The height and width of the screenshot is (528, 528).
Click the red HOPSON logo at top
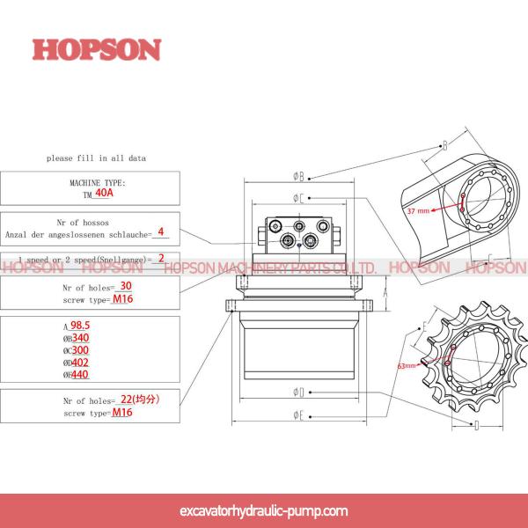point(97,48)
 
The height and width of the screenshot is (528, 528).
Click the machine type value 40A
point(104,192)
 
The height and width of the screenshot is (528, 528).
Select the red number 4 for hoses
point(161,233)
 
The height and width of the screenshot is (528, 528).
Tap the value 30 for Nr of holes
point(126,286)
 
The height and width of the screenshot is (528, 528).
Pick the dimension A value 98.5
point(82,326)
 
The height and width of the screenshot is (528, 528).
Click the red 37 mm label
point(418,211)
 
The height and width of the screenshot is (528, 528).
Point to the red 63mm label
point(407,364)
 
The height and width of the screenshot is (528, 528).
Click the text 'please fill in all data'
point(96,158)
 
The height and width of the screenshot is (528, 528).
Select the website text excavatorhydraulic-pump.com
point(263,510)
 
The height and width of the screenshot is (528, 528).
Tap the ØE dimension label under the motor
point(298,414)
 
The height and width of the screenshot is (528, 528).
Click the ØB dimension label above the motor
point(298,176)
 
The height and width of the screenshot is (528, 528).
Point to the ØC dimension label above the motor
point(298,198)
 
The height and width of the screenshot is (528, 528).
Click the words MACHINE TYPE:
point(98,182)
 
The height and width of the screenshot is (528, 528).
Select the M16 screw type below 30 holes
point(122,298)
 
